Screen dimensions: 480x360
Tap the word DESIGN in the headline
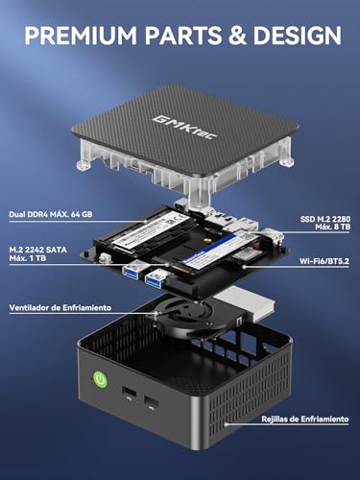[293, 36]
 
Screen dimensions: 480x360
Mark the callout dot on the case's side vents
[225, 419]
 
